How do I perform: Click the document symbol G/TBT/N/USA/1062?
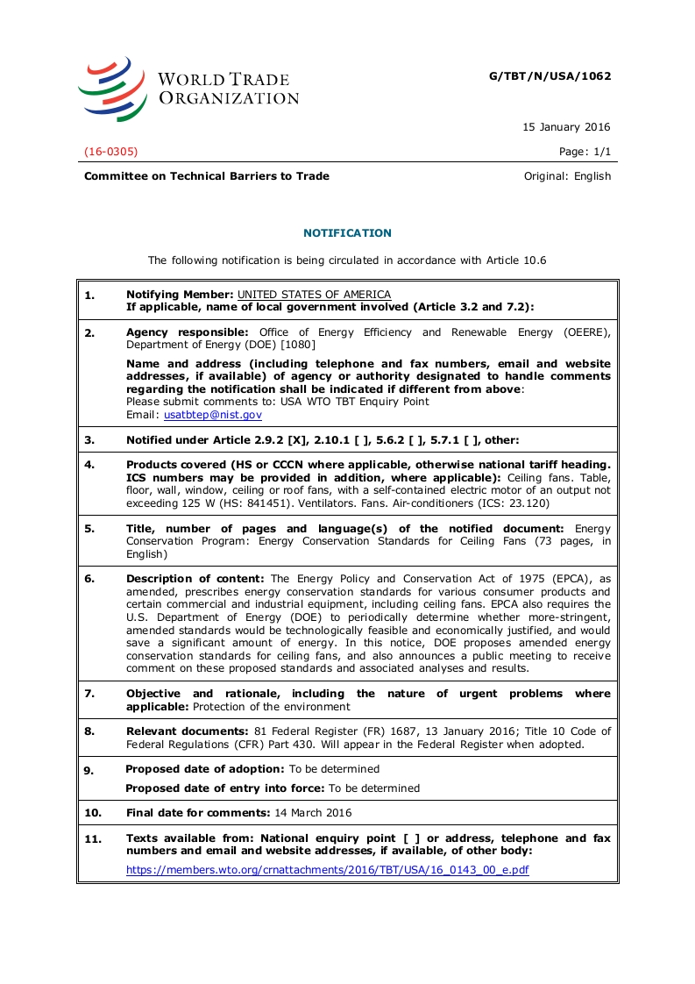click(x=550, y=76)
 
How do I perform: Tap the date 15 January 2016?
click(x=566, y=127)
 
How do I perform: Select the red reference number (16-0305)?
click(x=111, y=152)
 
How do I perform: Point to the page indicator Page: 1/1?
click(x=585, y=152)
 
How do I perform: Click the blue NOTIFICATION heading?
click(x=347, y=233)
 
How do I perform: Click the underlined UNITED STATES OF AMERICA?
click(x=314, y=295)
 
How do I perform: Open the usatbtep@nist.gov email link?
click(x=213, y=414)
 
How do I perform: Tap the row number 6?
click(x=89, y=579)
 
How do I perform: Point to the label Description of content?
click(x=196, y=579)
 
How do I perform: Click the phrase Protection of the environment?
click(x=272, y=707)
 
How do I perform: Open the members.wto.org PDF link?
click(x=327, y=871)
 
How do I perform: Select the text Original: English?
click(x=567, y=176)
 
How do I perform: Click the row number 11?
click(x=93, y=839)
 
